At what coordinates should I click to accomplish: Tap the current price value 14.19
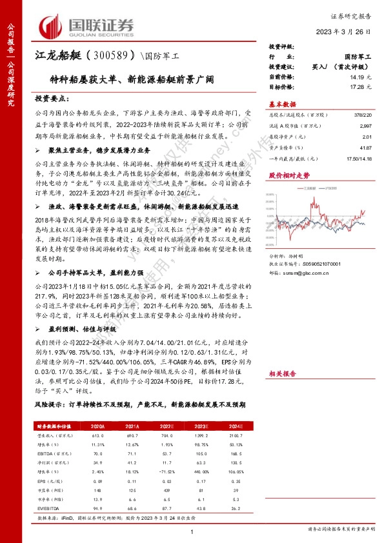click(x=363, y=77)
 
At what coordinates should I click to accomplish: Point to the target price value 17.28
click(x=363, y=86)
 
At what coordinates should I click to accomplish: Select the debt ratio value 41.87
click(x=365, y=147)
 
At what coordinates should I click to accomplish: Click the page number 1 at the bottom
click(x=192, y=530)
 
